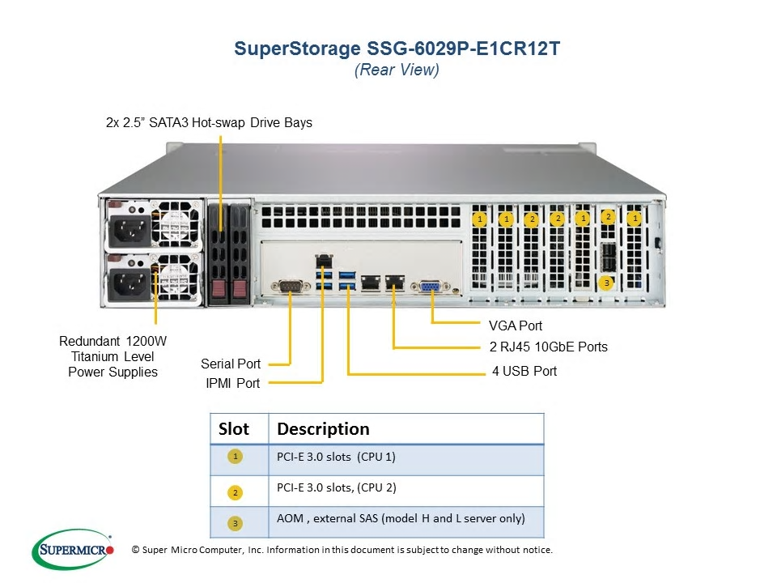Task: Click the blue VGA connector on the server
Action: click(430, 287)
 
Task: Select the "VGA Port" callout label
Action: click(516, 326)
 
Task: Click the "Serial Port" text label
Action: click(231, 364)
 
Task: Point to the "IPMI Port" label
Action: click(233, 383)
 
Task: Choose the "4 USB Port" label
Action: click(524, 371)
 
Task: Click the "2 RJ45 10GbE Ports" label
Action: click(549, 347)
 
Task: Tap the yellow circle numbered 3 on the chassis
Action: click(606, 283)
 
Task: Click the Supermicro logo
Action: click(73, 550)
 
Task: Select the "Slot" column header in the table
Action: click(234, 429)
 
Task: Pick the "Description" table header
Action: click(323, 429)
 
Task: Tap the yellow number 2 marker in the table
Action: click(236, 493)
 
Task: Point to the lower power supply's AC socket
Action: click(129, 284)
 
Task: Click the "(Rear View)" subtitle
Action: click(397, 70)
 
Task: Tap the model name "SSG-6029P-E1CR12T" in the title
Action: click(463, 49)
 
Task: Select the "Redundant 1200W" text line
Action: click(113, 341)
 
